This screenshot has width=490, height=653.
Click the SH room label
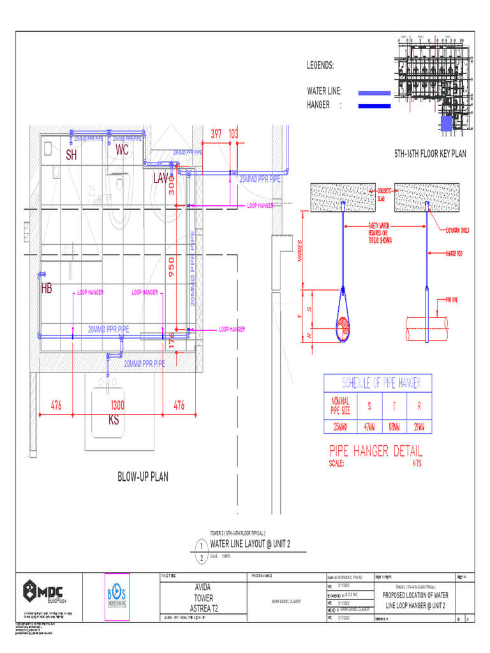(x=71, y=155)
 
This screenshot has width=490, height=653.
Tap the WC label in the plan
(x=122, y=150)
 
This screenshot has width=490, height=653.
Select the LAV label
(x=161, y=179)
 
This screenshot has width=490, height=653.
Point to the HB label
(x=47, y=289)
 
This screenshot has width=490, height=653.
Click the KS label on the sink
(x=114, y=420)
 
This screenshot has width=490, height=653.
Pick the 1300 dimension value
(x=117, y=406)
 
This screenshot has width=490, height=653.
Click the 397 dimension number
(x=216, y=134)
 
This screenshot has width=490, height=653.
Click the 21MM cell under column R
(x=419, y=426)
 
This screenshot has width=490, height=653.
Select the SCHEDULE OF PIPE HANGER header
(x=377, y=383)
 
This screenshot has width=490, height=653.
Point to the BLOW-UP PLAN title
(x=142, y=476)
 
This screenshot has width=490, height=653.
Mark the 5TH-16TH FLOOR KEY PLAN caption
(x=430, y=154)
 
